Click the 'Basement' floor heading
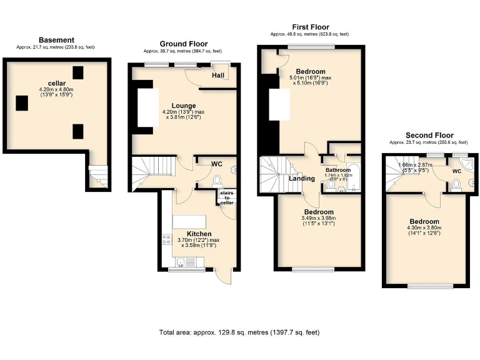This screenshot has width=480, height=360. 56,40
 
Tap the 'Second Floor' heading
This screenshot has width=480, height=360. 429,135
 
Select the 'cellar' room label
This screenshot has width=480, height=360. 57,83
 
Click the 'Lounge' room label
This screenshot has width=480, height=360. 184,106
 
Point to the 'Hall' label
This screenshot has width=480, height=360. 218,76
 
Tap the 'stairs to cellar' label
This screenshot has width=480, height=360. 226,198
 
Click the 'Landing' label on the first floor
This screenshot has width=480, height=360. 302,179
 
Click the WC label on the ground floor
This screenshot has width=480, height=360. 217,164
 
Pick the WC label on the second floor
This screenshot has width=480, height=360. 457,170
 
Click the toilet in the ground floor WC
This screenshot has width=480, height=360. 217,181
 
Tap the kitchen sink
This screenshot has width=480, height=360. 181,262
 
